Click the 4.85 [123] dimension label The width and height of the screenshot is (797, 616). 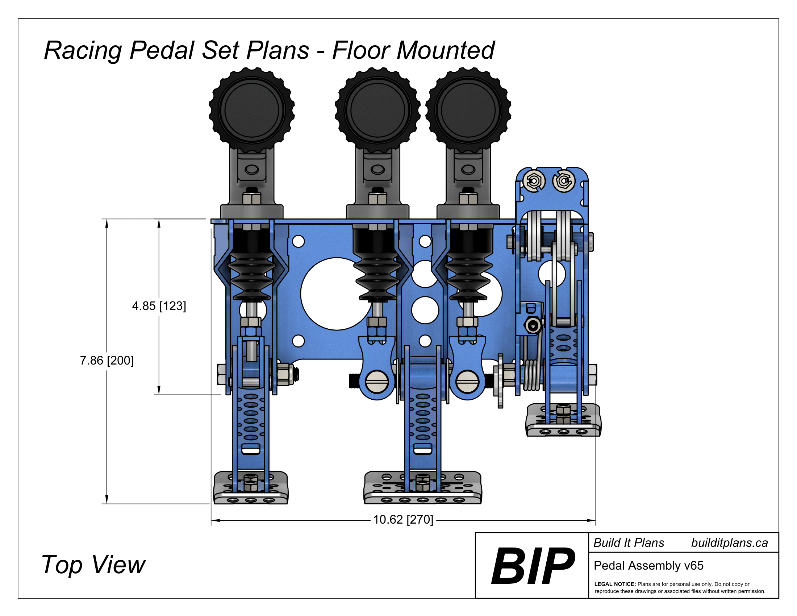tap(159, 306)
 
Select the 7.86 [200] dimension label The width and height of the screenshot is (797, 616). tap(107, 361)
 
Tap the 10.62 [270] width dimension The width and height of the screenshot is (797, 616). tap(403, 519)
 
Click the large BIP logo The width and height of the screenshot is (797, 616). tap(532, 565)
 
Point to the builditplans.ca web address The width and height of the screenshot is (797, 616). tap(729, 543)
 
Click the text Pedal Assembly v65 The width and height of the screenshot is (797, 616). tap(648, 565)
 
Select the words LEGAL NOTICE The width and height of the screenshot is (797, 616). tap(615, 584)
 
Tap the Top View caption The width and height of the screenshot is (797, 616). tap(93, 565)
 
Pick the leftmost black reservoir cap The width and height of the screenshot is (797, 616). tap(251, 109)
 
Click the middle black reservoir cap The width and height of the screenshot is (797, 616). tap(377, 109)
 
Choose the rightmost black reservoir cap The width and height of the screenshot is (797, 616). tap(468, 109)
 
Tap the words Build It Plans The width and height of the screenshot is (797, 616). tap(629, 543)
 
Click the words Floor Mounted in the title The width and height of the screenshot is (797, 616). tap(413, 50)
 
